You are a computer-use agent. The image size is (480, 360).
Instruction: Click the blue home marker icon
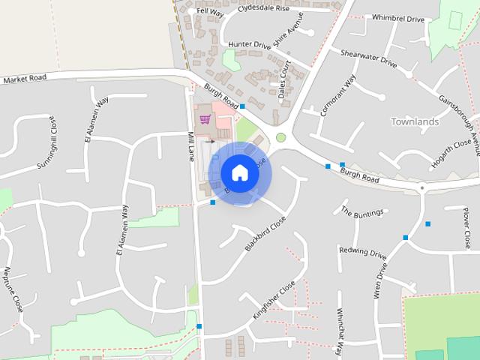[x=239, y=172]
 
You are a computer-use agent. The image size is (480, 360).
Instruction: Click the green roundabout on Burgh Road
[x=281, y=137]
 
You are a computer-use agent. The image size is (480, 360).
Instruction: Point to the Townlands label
[x=414, y=121]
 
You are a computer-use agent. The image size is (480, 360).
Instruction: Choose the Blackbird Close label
[x=265, y=233]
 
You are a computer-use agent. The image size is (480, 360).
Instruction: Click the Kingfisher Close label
[x=274, y=301]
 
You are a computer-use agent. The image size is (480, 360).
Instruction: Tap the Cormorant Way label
[x=337, y=95]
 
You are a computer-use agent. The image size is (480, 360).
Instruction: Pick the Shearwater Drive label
[x=368, y=60]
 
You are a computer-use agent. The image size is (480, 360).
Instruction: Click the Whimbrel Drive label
[x=397, y=18]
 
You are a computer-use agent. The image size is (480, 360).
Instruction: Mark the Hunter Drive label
[x=249, y=45]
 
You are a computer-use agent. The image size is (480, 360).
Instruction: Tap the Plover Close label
[x=466, y=229]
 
